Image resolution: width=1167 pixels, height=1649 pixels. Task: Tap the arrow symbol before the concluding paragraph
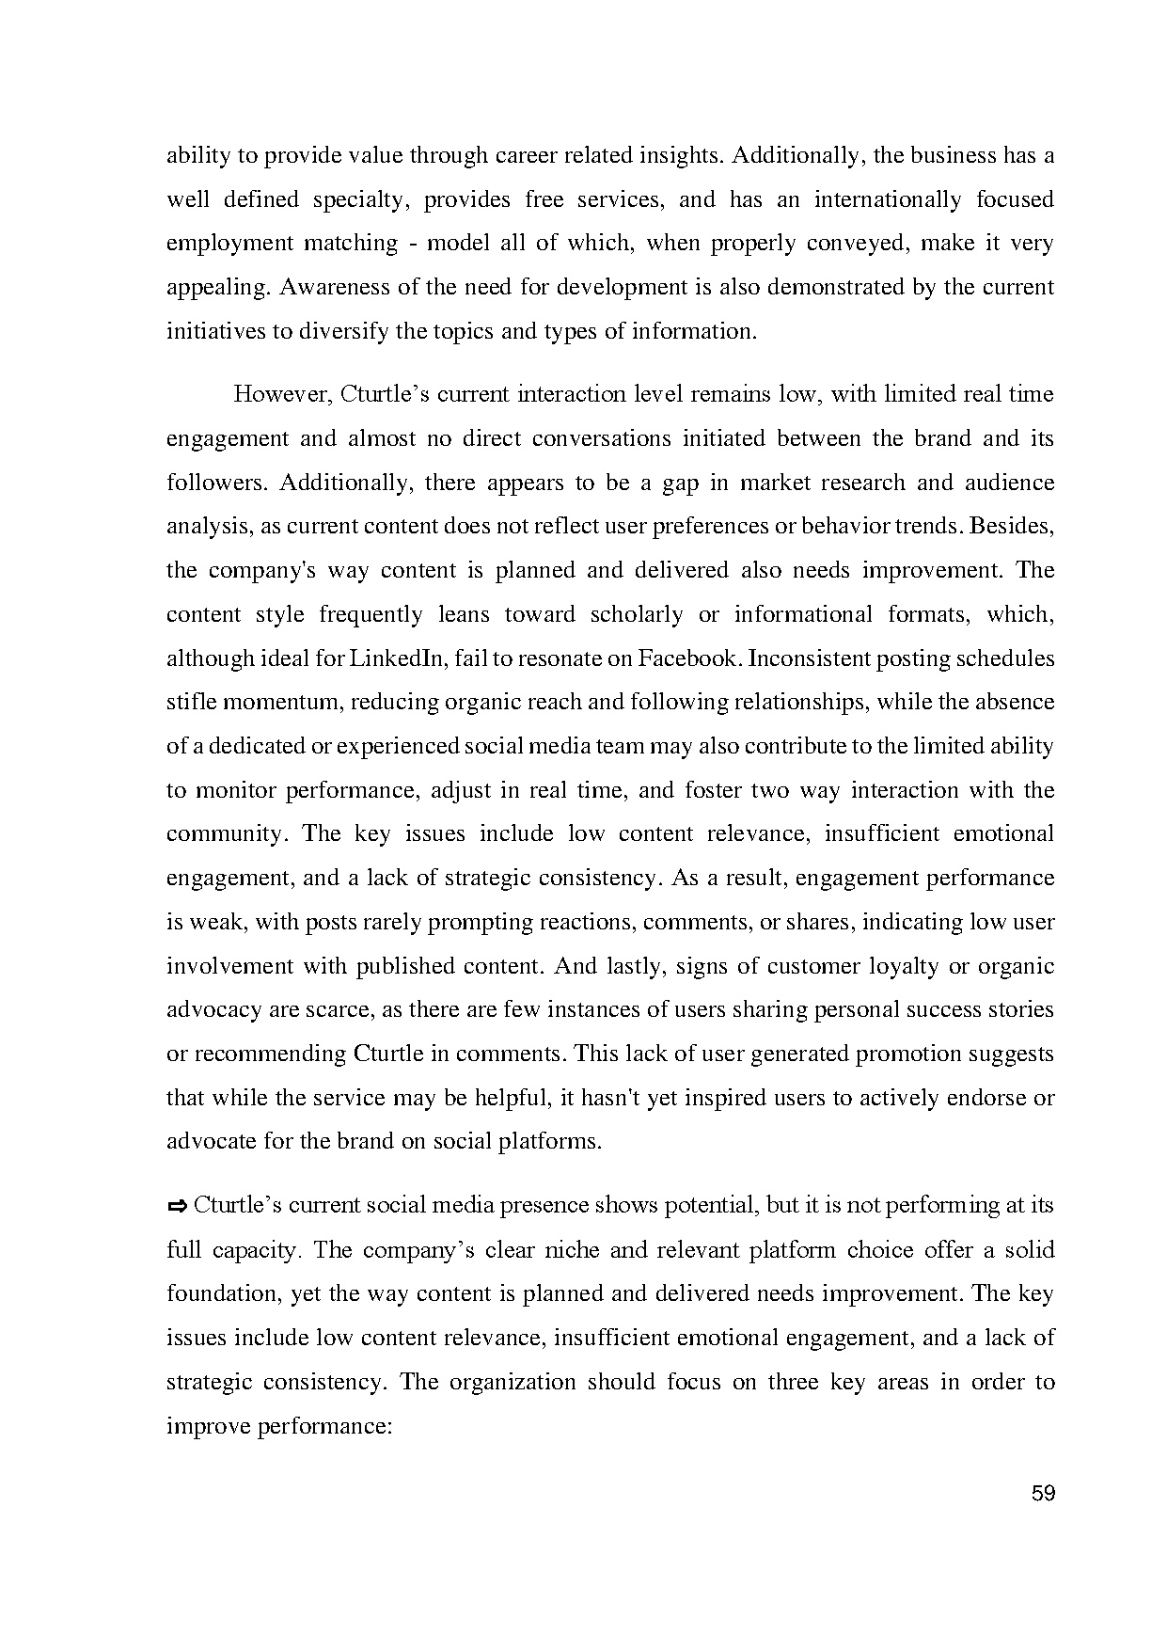[x=177, y=1206]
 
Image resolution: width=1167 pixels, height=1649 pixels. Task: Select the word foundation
[x=221, y=1293]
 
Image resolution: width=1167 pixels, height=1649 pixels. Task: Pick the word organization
[x=513, y=1382]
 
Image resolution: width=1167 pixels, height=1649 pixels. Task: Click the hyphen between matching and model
[x=413, y=244]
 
